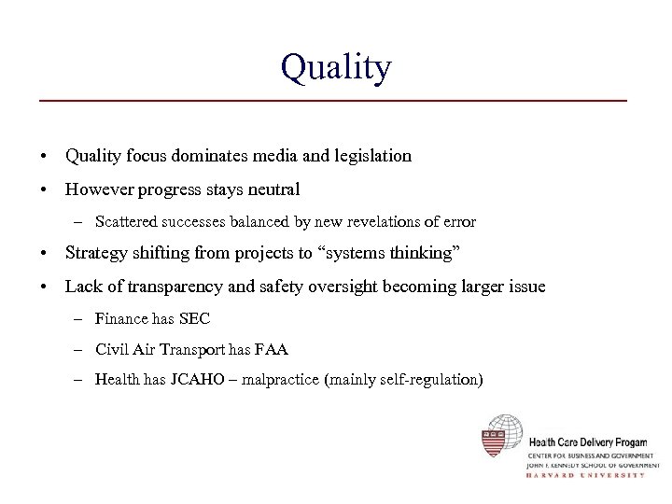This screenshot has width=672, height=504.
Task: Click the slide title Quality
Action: pos(335,67)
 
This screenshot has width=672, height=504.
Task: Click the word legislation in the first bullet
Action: pos(370,156)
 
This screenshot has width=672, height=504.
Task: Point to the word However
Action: pos(96,189)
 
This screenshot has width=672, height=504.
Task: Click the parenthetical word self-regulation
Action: pos(421,381)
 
